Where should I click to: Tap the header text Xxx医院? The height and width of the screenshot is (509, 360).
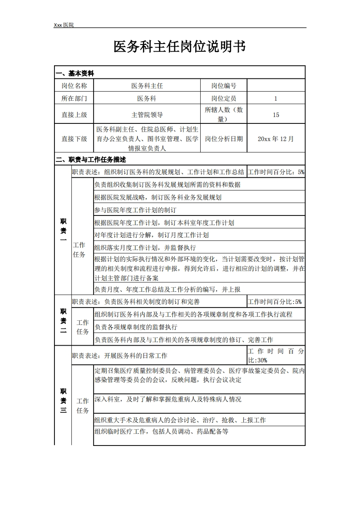pos(64,25)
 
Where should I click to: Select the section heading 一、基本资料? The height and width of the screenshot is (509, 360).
pos(74,73)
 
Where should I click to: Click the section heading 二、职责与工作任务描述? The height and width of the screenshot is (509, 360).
pos(90,160)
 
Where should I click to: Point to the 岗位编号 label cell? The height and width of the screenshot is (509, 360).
pos(223,86)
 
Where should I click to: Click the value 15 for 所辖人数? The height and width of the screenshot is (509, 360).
pos(276,115)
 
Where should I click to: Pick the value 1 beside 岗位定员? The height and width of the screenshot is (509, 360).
pos(276,98)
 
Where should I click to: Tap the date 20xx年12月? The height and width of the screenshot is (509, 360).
pos(276,139)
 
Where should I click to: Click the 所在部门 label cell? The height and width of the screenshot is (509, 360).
pos(74,98)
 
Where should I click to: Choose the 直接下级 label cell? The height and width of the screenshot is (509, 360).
pos(74,139)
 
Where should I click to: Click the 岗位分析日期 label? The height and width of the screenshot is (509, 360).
pos(223,139)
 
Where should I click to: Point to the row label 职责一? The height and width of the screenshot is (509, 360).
pos(63,230)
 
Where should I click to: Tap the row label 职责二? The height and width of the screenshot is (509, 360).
pos(63,321)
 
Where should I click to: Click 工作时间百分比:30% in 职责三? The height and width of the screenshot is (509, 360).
pos(276,356)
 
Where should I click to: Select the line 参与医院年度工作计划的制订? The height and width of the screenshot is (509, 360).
pos(135,210)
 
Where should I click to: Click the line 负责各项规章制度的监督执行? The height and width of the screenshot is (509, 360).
pos(136,327)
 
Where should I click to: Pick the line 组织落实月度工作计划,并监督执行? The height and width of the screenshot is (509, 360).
pos(145,247)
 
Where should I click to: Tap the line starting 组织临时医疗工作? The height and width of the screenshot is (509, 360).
pos(161,431)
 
